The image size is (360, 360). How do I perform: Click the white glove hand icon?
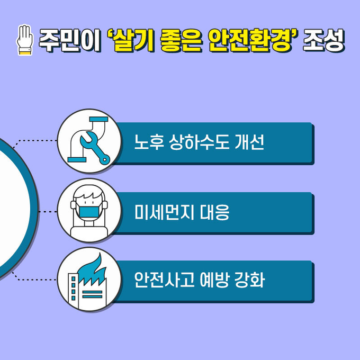click(x=24, y=40)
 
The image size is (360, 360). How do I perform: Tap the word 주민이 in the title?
click(x=69, y=41)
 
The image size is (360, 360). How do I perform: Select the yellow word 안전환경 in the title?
click(x=250, y=40)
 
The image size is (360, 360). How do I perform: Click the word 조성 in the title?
click(x=323, y=40)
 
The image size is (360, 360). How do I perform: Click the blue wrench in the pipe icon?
click(x=95, y=148)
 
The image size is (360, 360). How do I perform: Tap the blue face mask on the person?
click(x=89, y=212)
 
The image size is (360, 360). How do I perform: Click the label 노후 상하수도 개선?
click(x=199, y=142)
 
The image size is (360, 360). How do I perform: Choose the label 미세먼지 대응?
click(x=182, y=212)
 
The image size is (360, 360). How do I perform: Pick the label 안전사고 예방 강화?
click(x=200, y=280)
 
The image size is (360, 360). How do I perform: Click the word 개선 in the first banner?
click(x=249, y=142)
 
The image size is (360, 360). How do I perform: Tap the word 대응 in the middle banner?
click(x=214, y=212)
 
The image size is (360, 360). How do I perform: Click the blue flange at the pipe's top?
click(x=98, y=119)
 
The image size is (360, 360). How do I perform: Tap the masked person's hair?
click(x=88, y=194)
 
